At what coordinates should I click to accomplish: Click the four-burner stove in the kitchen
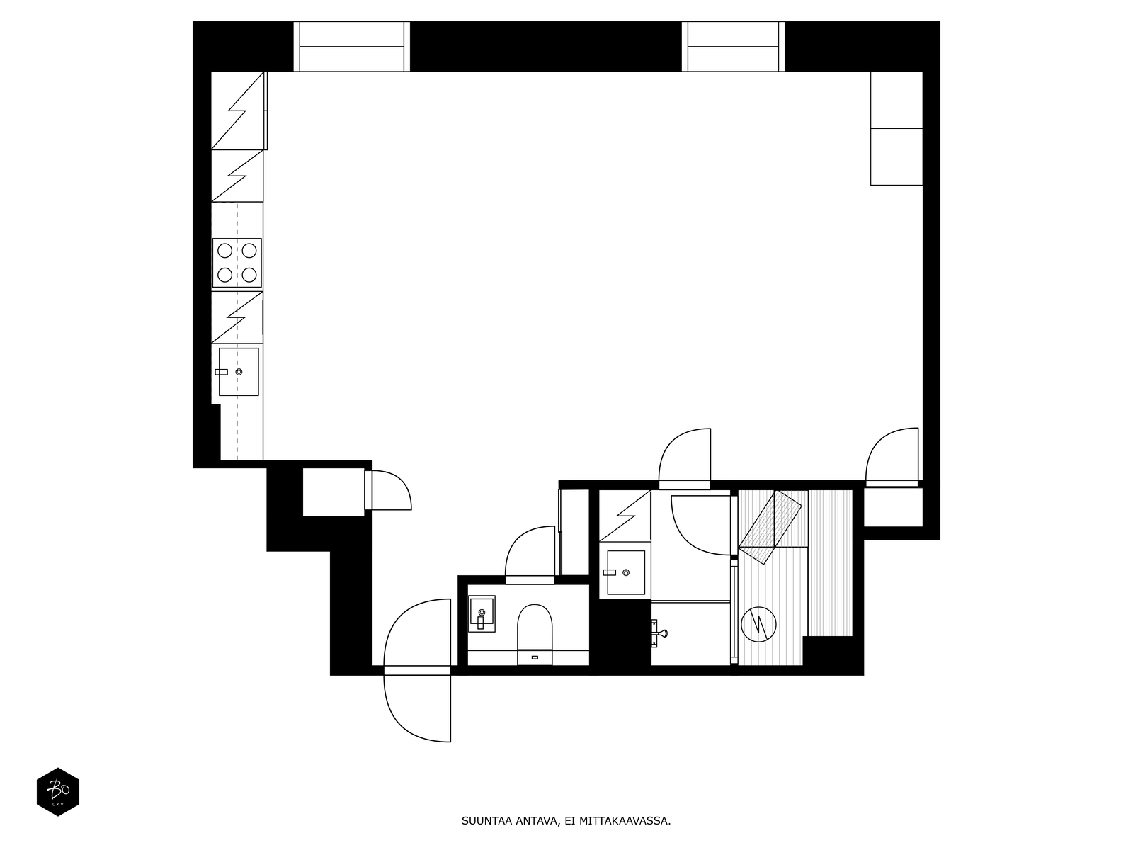coord(237,262)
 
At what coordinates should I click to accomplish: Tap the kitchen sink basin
coord(239,372)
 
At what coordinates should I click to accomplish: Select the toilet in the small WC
coord(535,627)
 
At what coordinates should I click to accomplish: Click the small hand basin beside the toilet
coord(482,613)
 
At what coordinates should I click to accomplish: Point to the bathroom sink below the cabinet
coord(626,572)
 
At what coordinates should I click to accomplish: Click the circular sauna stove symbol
coord(758,624)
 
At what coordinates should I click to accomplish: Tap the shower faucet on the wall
coord(659,631)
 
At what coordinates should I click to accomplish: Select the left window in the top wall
coord(352,47)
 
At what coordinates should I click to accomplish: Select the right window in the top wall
coord(733,47)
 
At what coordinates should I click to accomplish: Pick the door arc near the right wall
coord(893,457)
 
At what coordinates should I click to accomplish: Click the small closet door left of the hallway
coord(388,490)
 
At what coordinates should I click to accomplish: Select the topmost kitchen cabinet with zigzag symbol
coord(238,110)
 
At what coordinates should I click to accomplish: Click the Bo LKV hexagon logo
coord(58,792)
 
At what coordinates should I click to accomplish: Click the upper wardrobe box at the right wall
coord(896,100)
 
